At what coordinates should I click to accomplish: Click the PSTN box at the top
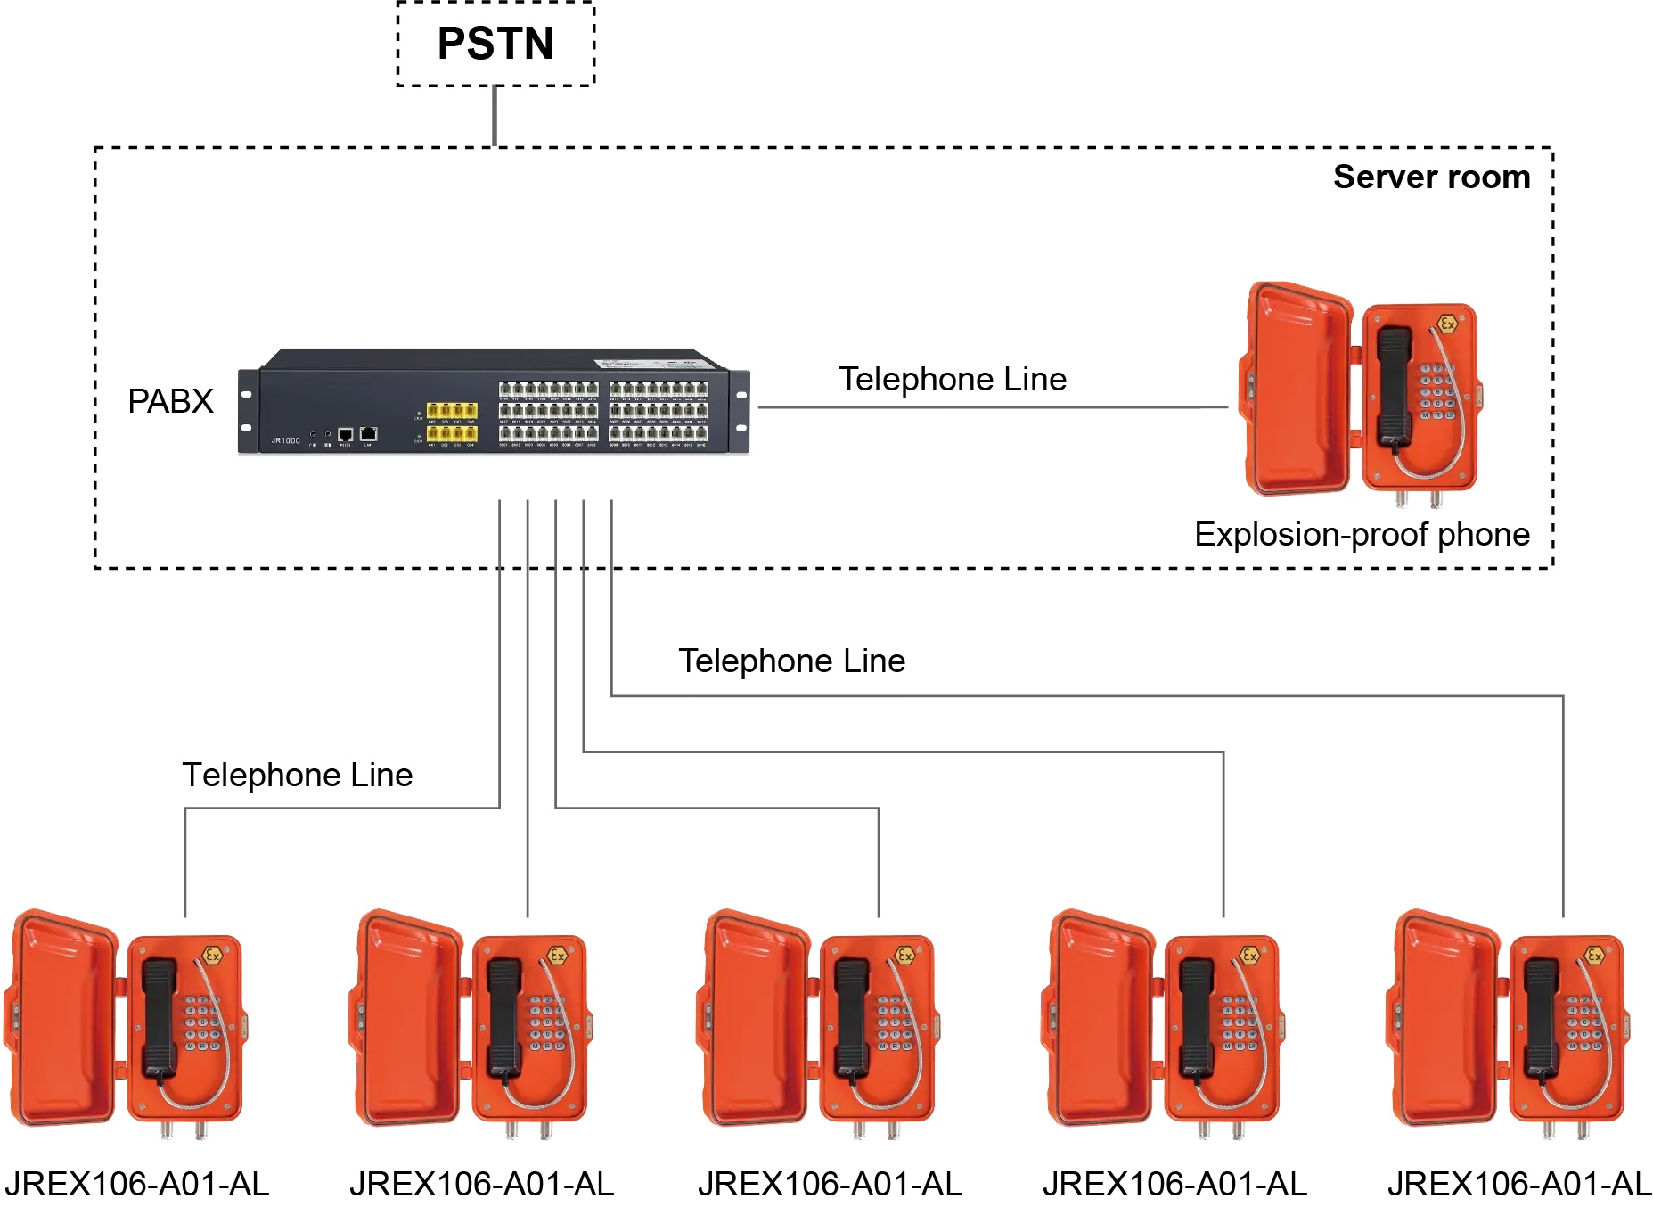pyautogui.click(x=495, y=44)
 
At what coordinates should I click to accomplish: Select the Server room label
pyautogui.click(x=1431, y=177)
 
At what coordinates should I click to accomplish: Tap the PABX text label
pyautogui.click(x=170, y=401)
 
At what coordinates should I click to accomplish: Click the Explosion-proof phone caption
pyautogui.click(x=1362, y=534)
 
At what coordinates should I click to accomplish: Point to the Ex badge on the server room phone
pyautogui.click(x=1447, y=324)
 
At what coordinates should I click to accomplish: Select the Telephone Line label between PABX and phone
pyautogui.click(x=953, y=380)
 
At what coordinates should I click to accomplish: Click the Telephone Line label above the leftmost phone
pyautogui.click(x=298, y=775)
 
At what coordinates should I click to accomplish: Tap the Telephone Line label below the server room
pyautogui.click(x=791, y=661)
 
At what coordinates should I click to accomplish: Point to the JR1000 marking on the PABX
pyautogui.click(x=285, y=440)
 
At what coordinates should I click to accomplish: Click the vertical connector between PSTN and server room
pyautogui.click(x=495, y=116)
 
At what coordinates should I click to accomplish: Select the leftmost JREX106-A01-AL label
pyautogui.click(x=136, y=1184)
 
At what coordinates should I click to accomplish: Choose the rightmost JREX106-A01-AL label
pyautogui.click(x=1519, y=1184)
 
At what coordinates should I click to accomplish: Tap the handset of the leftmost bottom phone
pyautogui.click(x=160, y=1016)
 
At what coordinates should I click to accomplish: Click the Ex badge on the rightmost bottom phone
pyautogui.click(x=1594, y=956)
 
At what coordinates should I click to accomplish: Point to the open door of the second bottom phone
pyautogui.click(x=405, y=1016)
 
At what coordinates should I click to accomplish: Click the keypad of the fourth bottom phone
pyautogui.click(x=1239, y=1023)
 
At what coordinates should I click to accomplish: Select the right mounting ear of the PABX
pyautogui.click(x=740, y=412)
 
